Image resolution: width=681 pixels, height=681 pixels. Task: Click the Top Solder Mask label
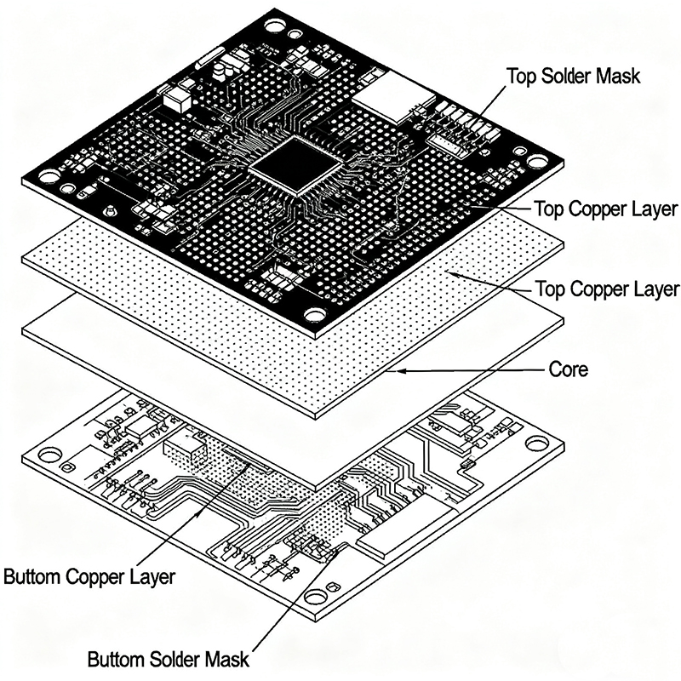click(x=572, y=75)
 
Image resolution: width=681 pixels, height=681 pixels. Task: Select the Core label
click(x=566, y=370)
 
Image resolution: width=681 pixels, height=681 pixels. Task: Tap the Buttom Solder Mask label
click(x=169, y=659)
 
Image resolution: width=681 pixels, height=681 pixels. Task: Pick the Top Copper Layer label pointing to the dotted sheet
click(x=607, y=289)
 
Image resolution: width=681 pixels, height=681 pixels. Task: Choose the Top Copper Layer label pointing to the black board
click(x=605, y=209)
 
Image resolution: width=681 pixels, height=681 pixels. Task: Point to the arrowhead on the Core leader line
click(x=392, y=371)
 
